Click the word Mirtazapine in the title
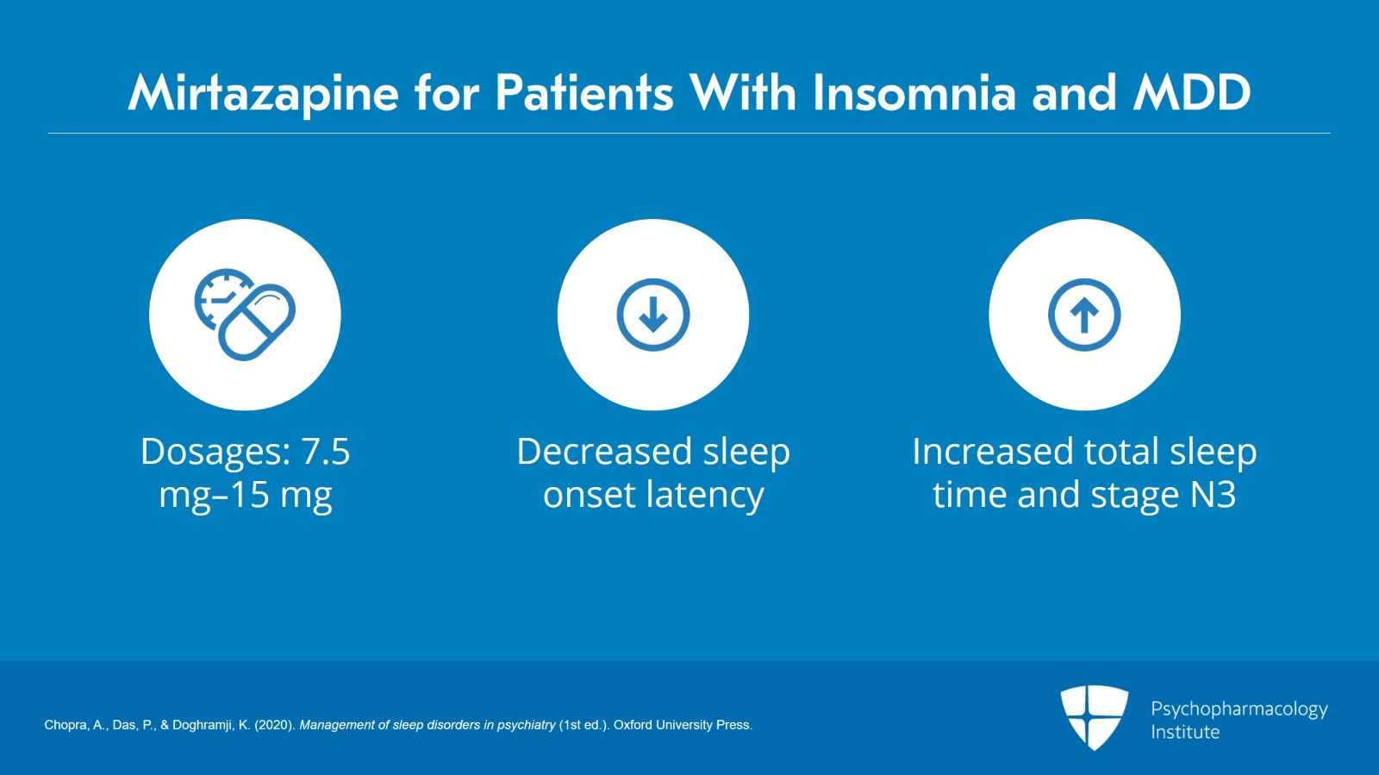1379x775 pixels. (x=263, y=93)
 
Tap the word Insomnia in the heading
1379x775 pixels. (x=914, y=93)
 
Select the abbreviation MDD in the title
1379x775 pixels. (x=1192, y=93)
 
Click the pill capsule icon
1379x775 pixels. (x=257, y=322)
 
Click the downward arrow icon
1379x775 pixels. (x=653, y=315)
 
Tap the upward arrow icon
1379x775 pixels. (x=1084, y=315)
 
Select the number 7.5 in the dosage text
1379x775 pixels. (x=325, y=452)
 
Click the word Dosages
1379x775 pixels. (x=215, y=452)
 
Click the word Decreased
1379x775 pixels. (x=603, y=452)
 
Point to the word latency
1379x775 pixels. (x=704, y=496)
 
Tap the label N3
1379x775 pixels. (x=1213, y=496)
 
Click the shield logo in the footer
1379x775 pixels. (x=1094, y=716)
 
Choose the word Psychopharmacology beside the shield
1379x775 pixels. (x=1239, y=709)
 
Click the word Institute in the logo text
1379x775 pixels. (x=1185, y=732)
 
